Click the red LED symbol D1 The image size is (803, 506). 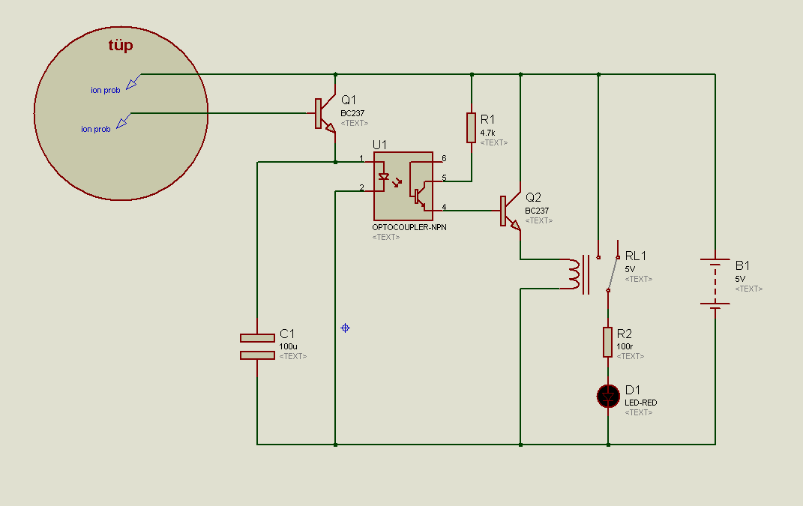point(608,397)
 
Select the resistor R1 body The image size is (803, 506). point(471,128)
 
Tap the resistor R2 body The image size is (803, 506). point(608,342)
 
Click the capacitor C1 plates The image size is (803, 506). point(257,347)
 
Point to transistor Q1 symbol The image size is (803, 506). point(325,114)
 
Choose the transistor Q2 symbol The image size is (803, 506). point(510,211)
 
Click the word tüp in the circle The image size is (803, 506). point(121,46)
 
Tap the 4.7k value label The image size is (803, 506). point(487,133)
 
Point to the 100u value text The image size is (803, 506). point(289,347)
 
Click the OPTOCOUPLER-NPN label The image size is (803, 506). point(409,227)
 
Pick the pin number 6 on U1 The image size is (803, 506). point(444,158)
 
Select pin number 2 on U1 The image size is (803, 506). point(361,187)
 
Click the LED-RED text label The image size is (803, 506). point(640,403)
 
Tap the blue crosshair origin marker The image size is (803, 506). point(345,328)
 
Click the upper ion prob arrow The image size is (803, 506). point(133,82)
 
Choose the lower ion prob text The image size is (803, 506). point(96,129)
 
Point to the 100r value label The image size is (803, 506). point(625,347)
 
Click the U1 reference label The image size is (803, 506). point(379,145)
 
